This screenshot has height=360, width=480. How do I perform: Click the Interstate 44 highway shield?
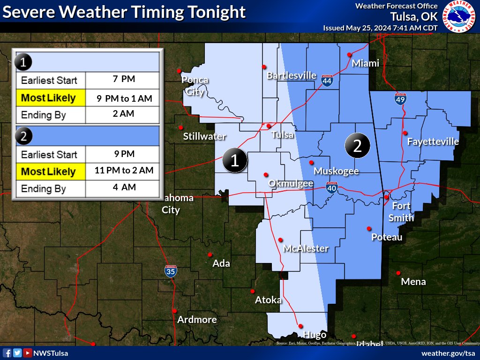point(327,81)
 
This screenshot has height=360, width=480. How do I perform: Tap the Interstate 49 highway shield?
point(400,98)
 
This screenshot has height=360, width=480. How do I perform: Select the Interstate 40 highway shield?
point(332,187)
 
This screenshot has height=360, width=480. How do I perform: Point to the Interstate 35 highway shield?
point(171,270)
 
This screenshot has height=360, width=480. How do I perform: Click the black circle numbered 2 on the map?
point(357,146)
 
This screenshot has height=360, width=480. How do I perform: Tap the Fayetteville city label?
point(433,142)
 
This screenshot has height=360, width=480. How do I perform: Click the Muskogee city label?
point(336,171)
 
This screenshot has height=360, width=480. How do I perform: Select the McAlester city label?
point(306,248)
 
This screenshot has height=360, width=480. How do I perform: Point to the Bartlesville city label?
point(292,75)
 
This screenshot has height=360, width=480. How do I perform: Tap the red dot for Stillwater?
point(180,127)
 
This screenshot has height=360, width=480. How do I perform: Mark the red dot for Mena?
point(398,273)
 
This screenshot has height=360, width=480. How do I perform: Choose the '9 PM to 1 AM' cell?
point(124,98)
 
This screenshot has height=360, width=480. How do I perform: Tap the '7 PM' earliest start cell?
point(124,79)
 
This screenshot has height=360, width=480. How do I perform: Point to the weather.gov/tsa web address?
point(448,353)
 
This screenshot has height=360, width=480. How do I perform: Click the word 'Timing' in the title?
point(149,12)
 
